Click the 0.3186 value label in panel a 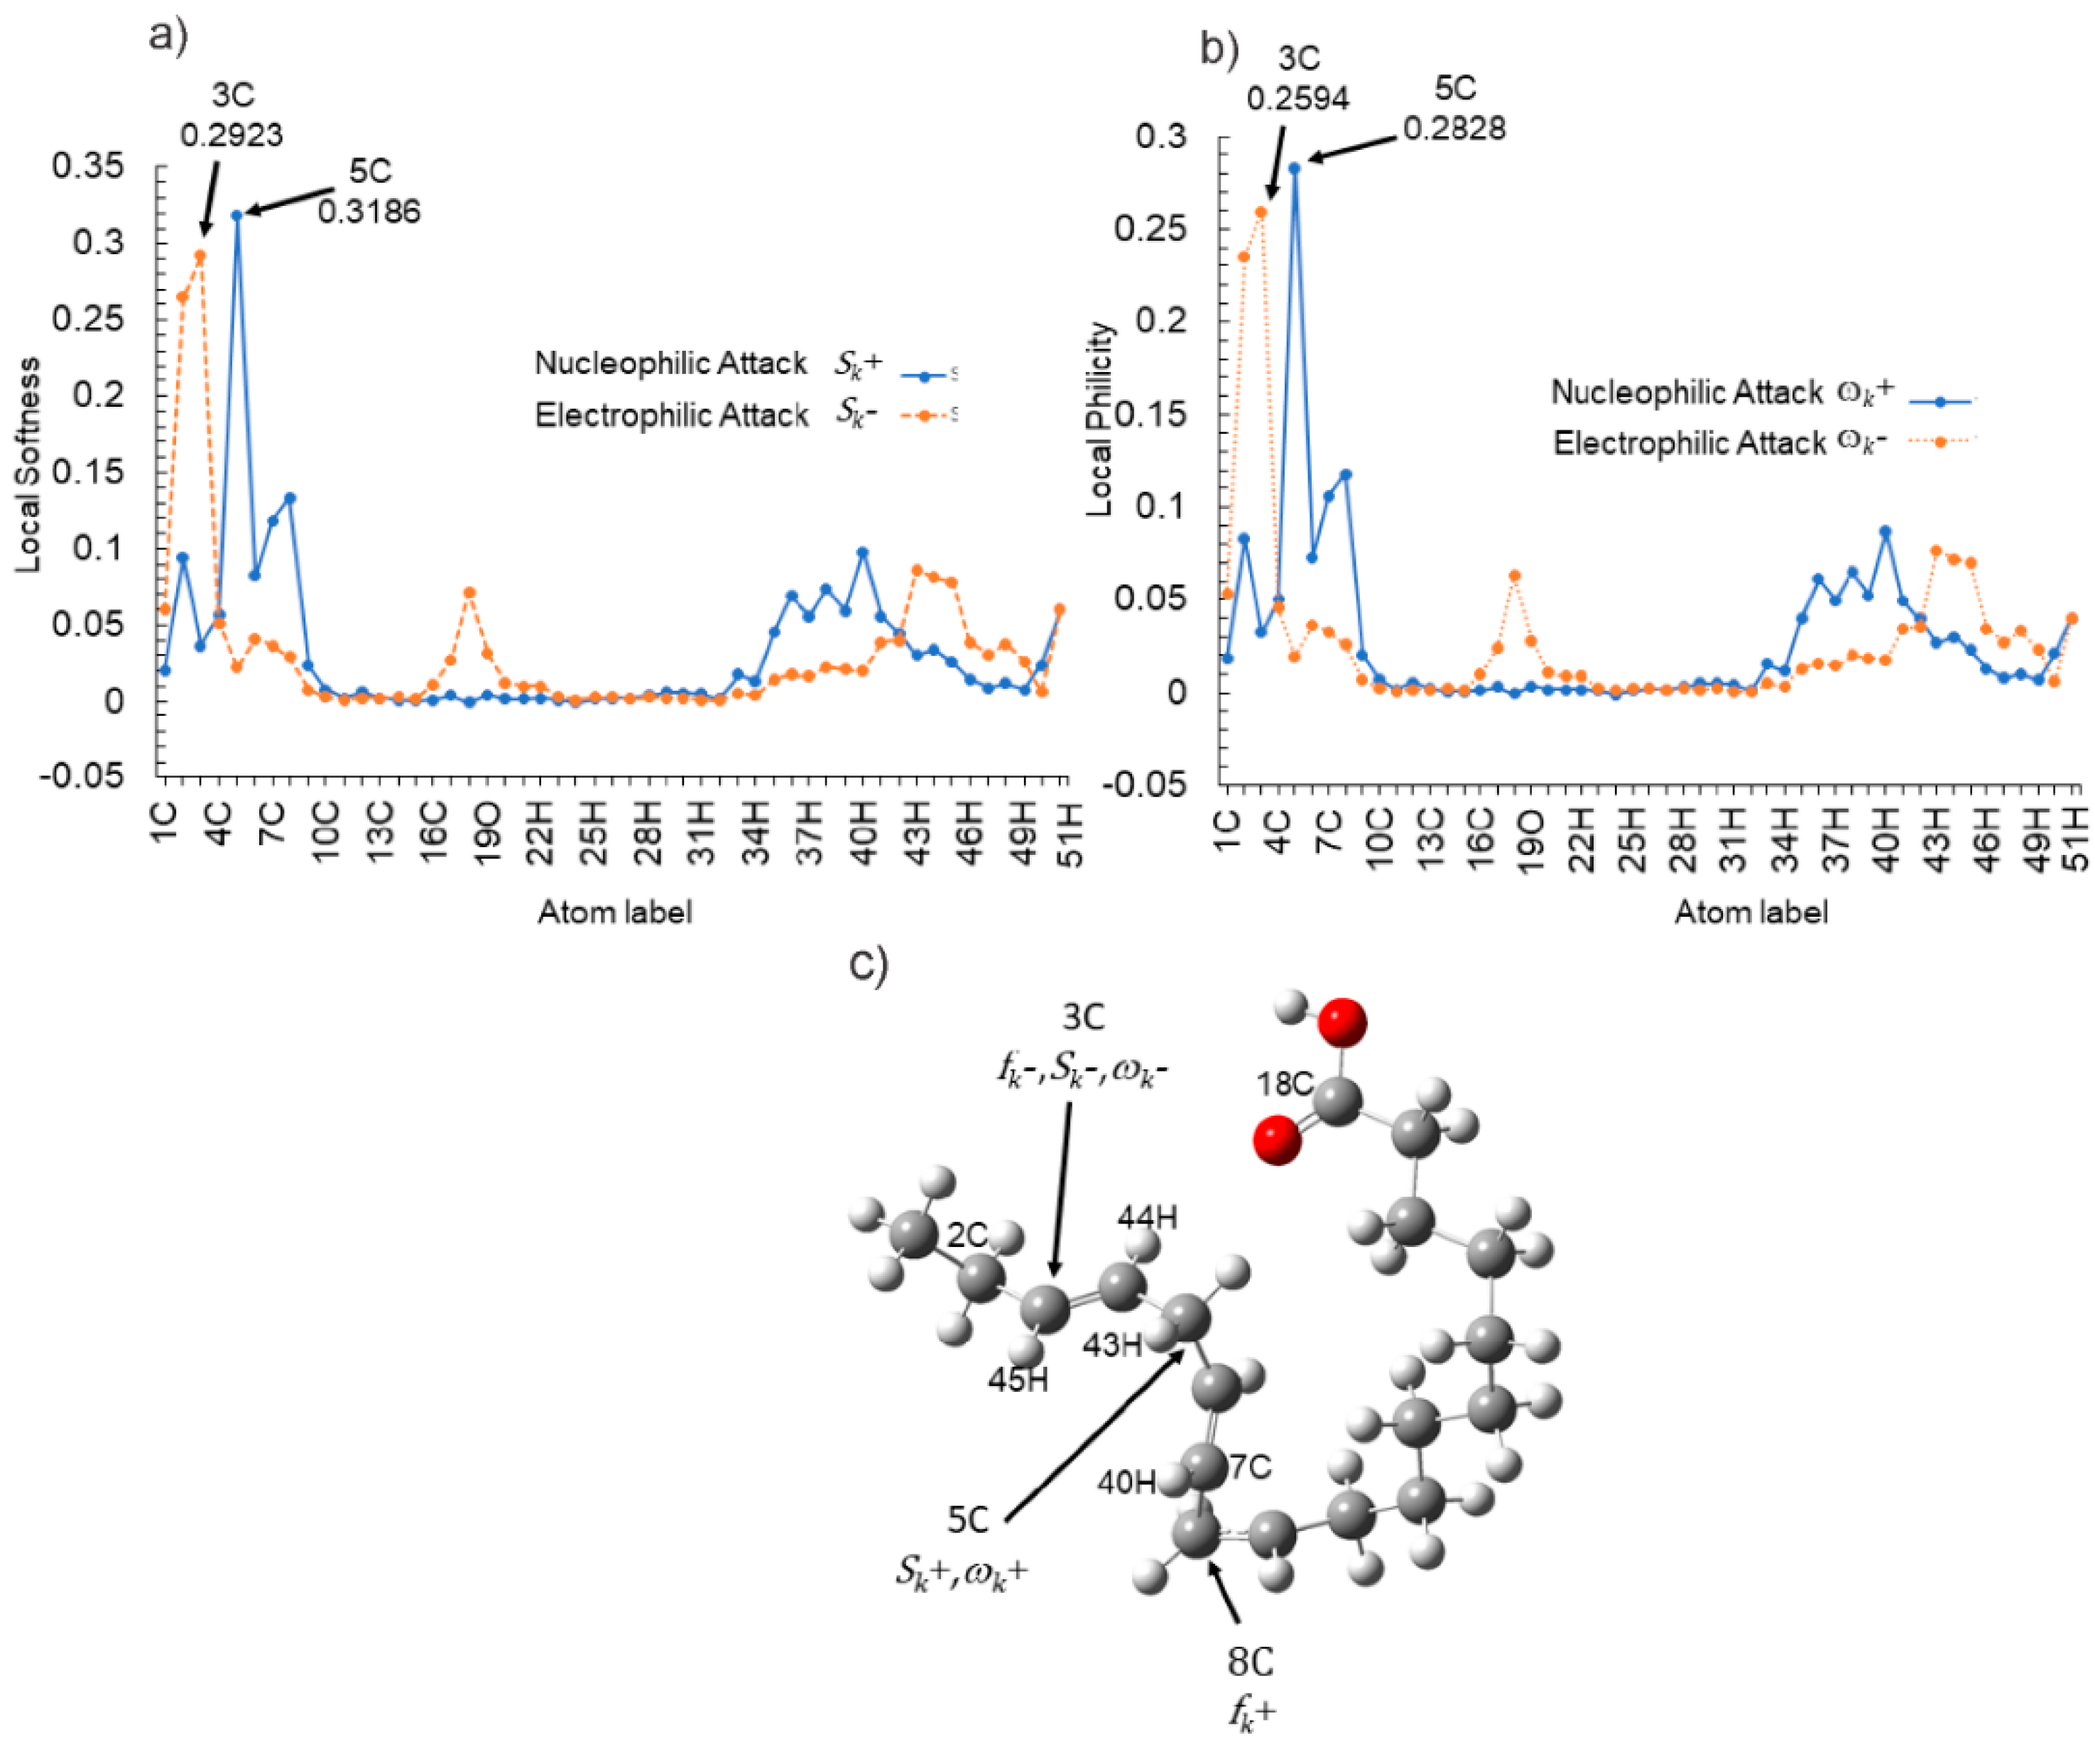click(369, 212)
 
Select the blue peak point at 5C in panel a click(237, 215)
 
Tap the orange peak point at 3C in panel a click(200, 256)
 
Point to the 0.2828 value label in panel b click(1454, 129)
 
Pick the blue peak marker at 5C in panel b click(1295, 168)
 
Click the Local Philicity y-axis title click(1099, 419)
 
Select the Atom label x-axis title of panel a click(614, 912)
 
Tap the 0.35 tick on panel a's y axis click(89, 165)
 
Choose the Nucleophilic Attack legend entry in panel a click(670, 363)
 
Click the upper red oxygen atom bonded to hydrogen click(1342, 1023)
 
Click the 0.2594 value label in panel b click(1298, 99)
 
